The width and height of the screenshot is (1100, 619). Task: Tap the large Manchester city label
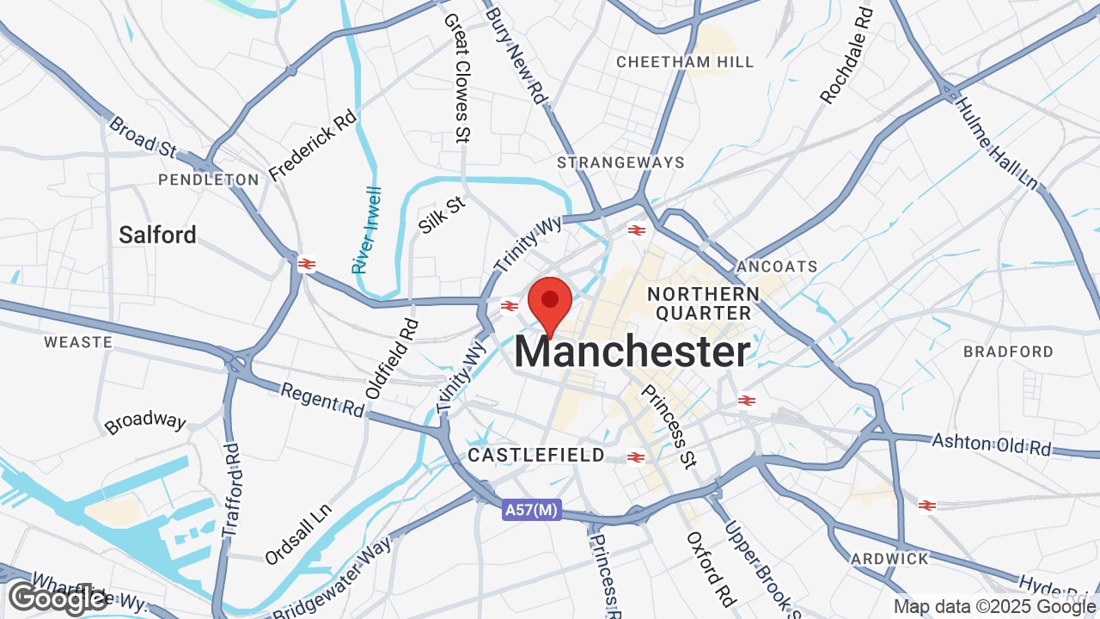click(632, 352)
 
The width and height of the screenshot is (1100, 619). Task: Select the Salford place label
click(158, 235)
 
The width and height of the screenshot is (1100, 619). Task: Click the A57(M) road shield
click(531, 511)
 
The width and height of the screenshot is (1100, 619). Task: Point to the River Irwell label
click(368, 230)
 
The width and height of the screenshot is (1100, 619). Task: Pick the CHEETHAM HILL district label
click(685, 62)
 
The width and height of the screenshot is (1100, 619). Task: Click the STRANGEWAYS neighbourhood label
click(620, 162)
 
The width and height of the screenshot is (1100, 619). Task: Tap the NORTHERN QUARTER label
click(703, 303)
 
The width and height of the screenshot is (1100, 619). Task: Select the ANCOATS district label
click(777, 267)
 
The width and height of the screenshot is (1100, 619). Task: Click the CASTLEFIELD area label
click(536, 456)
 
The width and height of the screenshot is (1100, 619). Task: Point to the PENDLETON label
click(209, 180)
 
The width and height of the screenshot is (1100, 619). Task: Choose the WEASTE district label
click(78, 342)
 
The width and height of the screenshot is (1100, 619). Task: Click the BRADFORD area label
click(1008, 352)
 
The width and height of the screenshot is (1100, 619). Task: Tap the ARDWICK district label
click(889, 559)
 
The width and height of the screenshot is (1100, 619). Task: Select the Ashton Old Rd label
click(992, 444)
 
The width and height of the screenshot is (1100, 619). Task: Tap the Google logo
click(57, 598)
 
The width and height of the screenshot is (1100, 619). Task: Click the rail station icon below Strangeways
click(637, 230)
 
